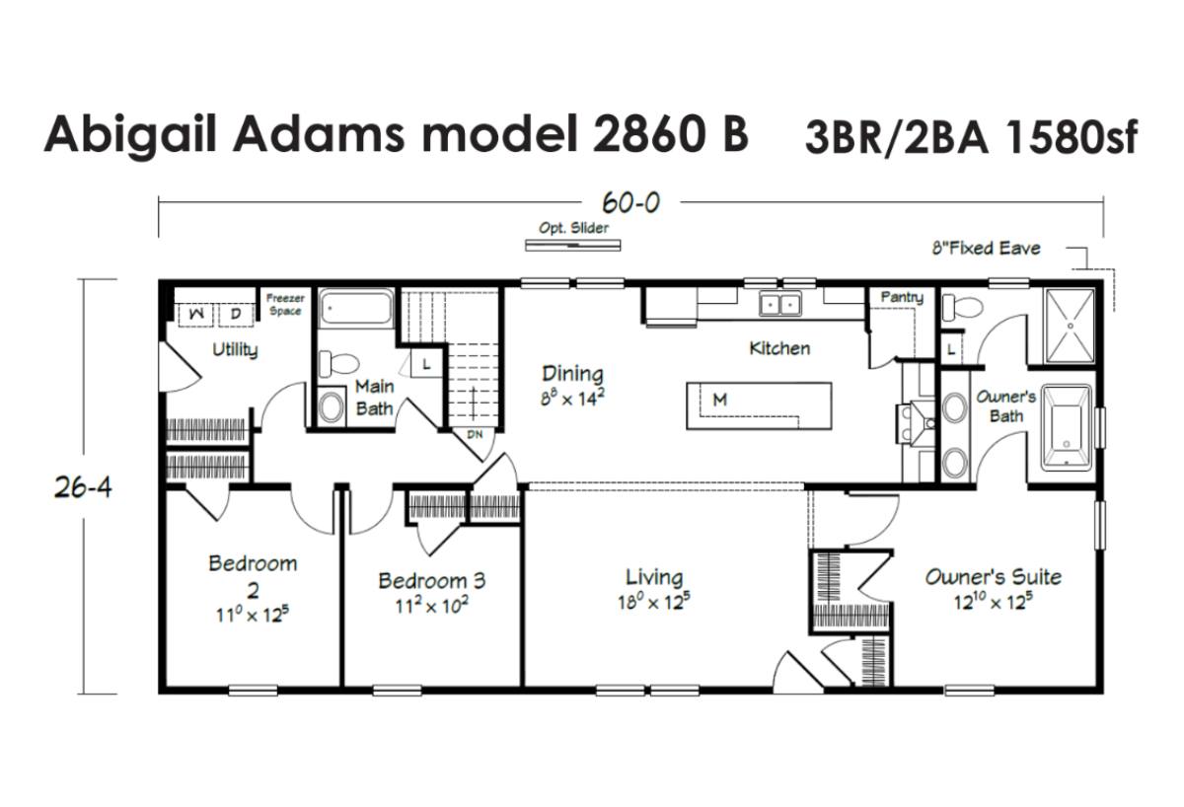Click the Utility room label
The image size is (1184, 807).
click(235, 350)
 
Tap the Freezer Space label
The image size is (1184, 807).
click(285, 305)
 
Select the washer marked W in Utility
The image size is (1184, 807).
click(196, 314)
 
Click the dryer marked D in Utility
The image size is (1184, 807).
click(236, 314)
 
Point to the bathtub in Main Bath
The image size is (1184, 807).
click(357, 307)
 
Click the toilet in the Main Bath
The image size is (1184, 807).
click(338, 363)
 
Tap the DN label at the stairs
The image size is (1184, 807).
click(475, 434)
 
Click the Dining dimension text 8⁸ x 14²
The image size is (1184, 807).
click(572, 398)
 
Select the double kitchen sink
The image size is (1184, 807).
click(780, 304)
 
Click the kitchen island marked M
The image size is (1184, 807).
click(759, 405)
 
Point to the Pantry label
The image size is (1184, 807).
click(902, 298)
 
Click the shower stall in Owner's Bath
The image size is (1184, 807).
click(1071, 327)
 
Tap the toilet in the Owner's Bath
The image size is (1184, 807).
click(963, 307)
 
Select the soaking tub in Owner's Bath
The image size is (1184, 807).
click(1067, 427)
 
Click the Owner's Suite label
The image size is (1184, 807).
click(994, 577)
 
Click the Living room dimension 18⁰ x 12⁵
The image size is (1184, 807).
click(654, 602)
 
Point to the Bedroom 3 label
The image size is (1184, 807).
click(431, 581)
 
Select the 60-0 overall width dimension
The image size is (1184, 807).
click(630, 202)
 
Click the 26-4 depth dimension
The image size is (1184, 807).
click(83, 487)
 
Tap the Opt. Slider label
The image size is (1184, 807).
click(573, 228)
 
